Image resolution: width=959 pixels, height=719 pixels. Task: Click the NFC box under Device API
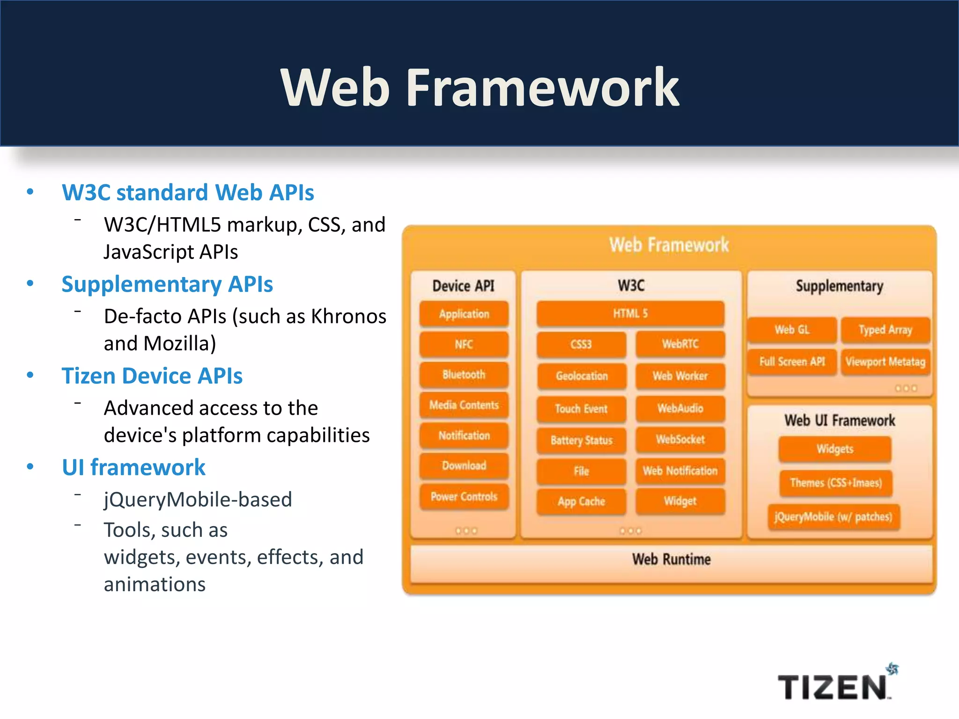coord(464,345)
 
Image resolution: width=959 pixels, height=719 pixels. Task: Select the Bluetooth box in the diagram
coord(464,374)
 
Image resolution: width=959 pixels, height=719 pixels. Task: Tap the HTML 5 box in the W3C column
coord(630,314)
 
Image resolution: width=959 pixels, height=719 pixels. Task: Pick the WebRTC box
coord(680,345)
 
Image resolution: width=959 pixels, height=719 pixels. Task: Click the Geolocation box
coord(582,376)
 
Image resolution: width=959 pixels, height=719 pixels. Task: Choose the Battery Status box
coord(582,440)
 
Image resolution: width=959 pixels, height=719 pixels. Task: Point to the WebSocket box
coord(680,440)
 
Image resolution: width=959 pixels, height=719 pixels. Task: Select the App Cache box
coord(582,501)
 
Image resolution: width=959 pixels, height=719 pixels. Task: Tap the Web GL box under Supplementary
coord(792,330)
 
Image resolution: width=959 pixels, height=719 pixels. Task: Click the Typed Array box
coord(885,330)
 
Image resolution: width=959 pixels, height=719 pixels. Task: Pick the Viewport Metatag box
coord(885,362)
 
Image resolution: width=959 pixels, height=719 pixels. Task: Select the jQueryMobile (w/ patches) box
coord(834,517)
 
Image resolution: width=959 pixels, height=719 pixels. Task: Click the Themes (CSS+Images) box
coord(835,483)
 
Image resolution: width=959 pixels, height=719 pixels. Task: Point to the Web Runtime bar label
coord(671,559)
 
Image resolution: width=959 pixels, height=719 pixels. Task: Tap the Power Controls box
coord(464,497)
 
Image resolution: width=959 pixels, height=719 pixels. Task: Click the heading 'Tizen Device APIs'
coord(152,376)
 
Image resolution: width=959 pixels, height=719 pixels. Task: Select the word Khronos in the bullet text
coord(349,316)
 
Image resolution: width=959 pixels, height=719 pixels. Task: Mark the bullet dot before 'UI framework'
coord(30,467)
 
